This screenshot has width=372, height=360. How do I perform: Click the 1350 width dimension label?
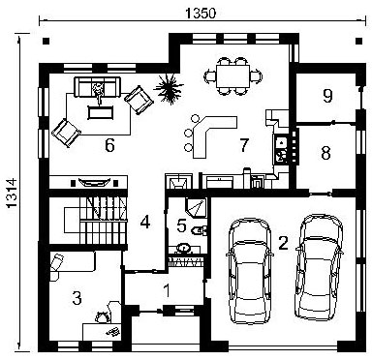point(201,14)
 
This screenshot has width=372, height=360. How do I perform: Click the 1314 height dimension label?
point(12,193)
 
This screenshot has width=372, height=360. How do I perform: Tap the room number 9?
point(327,96)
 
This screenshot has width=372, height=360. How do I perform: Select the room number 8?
point(326,153)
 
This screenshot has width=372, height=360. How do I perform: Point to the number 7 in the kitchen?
point(244,145)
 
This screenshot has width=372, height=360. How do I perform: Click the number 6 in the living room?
point(109,145)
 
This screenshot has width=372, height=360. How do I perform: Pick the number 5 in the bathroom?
point(182,225)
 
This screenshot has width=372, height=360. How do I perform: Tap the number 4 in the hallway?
point(145,222)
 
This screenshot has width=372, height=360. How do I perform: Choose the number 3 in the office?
point(77,298)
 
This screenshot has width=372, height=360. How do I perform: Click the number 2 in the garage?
point(283,243)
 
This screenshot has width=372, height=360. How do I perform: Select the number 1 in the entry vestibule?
point(167,290)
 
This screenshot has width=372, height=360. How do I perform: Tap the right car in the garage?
point(319,267)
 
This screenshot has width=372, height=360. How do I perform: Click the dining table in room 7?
point(233,76)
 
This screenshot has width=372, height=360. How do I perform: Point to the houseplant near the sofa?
point(169,88)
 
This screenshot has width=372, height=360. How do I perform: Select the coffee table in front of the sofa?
point(101,112)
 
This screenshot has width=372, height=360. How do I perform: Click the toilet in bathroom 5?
point(200,230)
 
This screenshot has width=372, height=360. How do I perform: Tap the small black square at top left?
point(46,41)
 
